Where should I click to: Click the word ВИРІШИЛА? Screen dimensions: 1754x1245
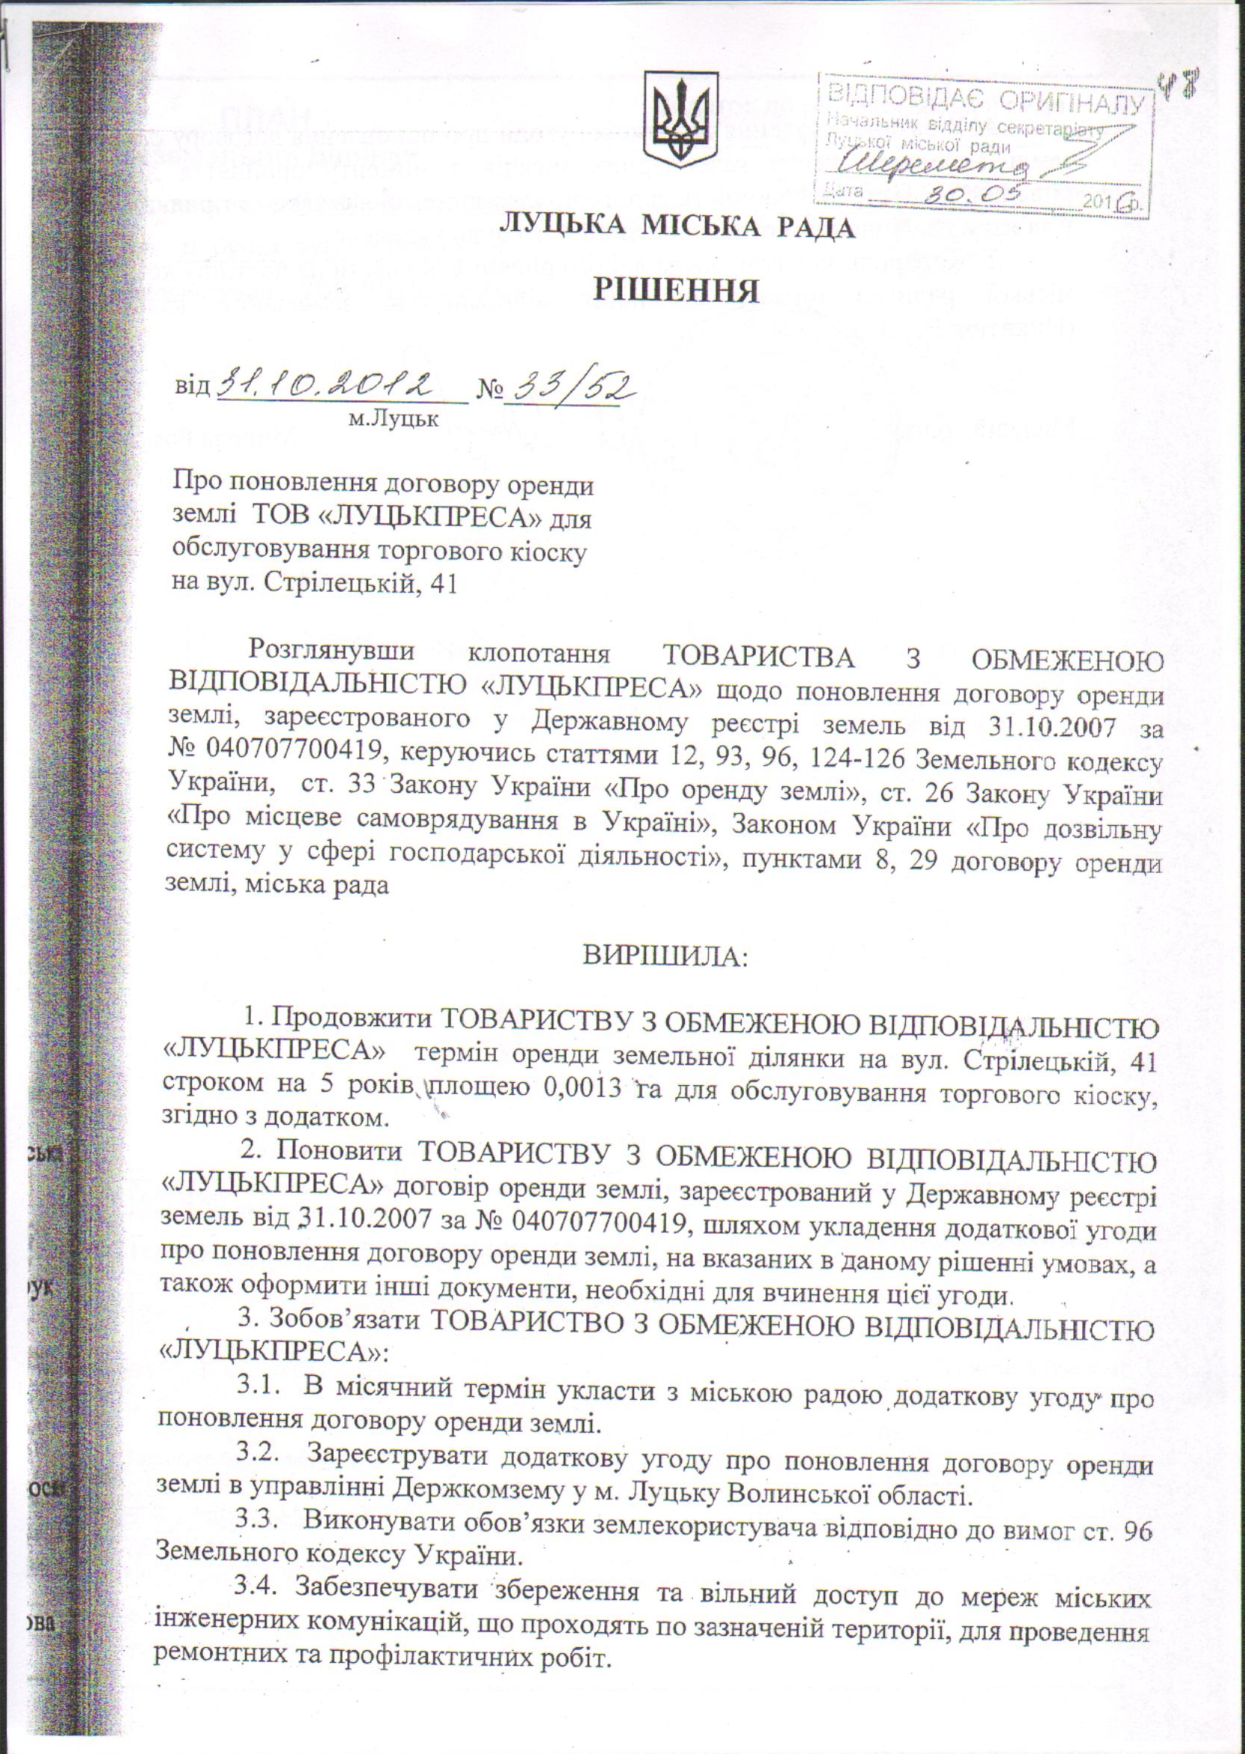click(664, 957)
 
